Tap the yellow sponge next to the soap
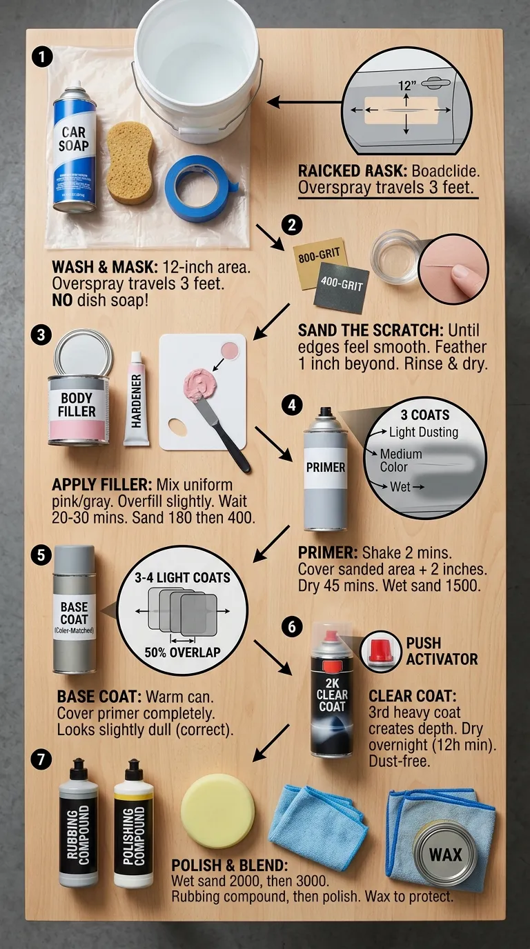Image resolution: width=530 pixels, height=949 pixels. [130, 163]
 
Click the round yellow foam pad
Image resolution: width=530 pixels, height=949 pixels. [217, 810]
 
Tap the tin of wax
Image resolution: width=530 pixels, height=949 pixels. [445, 854]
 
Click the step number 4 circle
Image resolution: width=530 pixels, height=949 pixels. [293, 406]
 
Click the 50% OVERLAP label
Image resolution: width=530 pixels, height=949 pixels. [181, 652]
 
